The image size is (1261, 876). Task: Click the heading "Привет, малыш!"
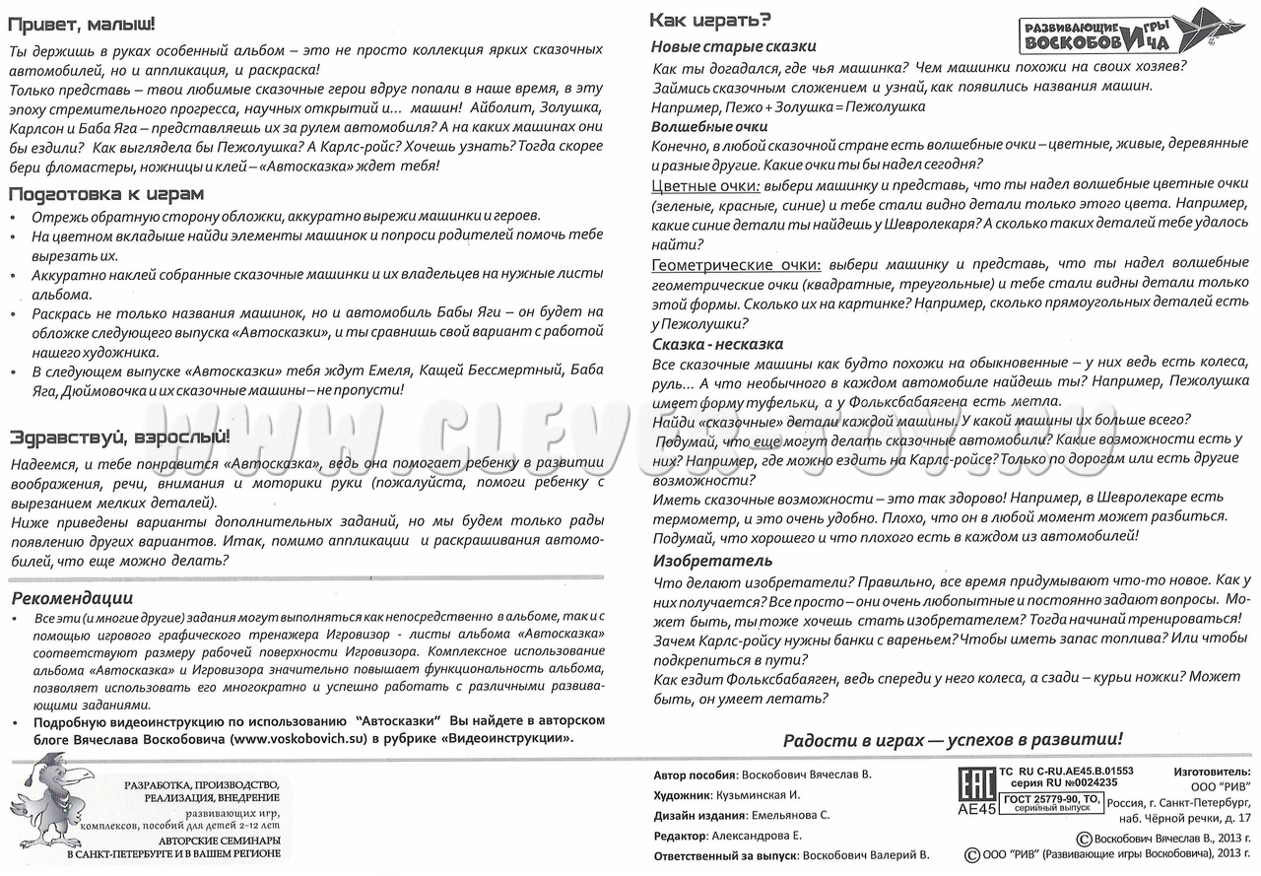(82, 25)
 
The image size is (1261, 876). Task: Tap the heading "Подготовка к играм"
(106, 193)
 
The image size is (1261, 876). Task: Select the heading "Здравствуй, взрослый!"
(120, 437)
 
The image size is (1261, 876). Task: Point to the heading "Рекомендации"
(72, 598)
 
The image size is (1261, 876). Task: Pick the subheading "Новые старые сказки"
(734, 46)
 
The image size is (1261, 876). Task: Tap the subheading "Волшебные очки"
(709, 126)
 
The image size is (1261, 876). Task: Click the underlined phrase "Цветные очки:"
(705, 185)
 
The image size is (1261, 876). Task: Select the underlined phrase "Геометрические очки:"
(736, 264)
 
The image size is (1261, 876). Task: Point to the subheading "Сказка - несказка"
(718, 344)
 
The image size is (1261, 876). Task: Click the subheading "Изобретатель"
(700, 561)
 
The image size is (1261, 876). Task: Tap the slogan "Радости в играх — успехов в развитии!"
(953, 740)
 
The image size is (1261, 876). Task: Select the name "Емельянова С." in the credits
(790, 815)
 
